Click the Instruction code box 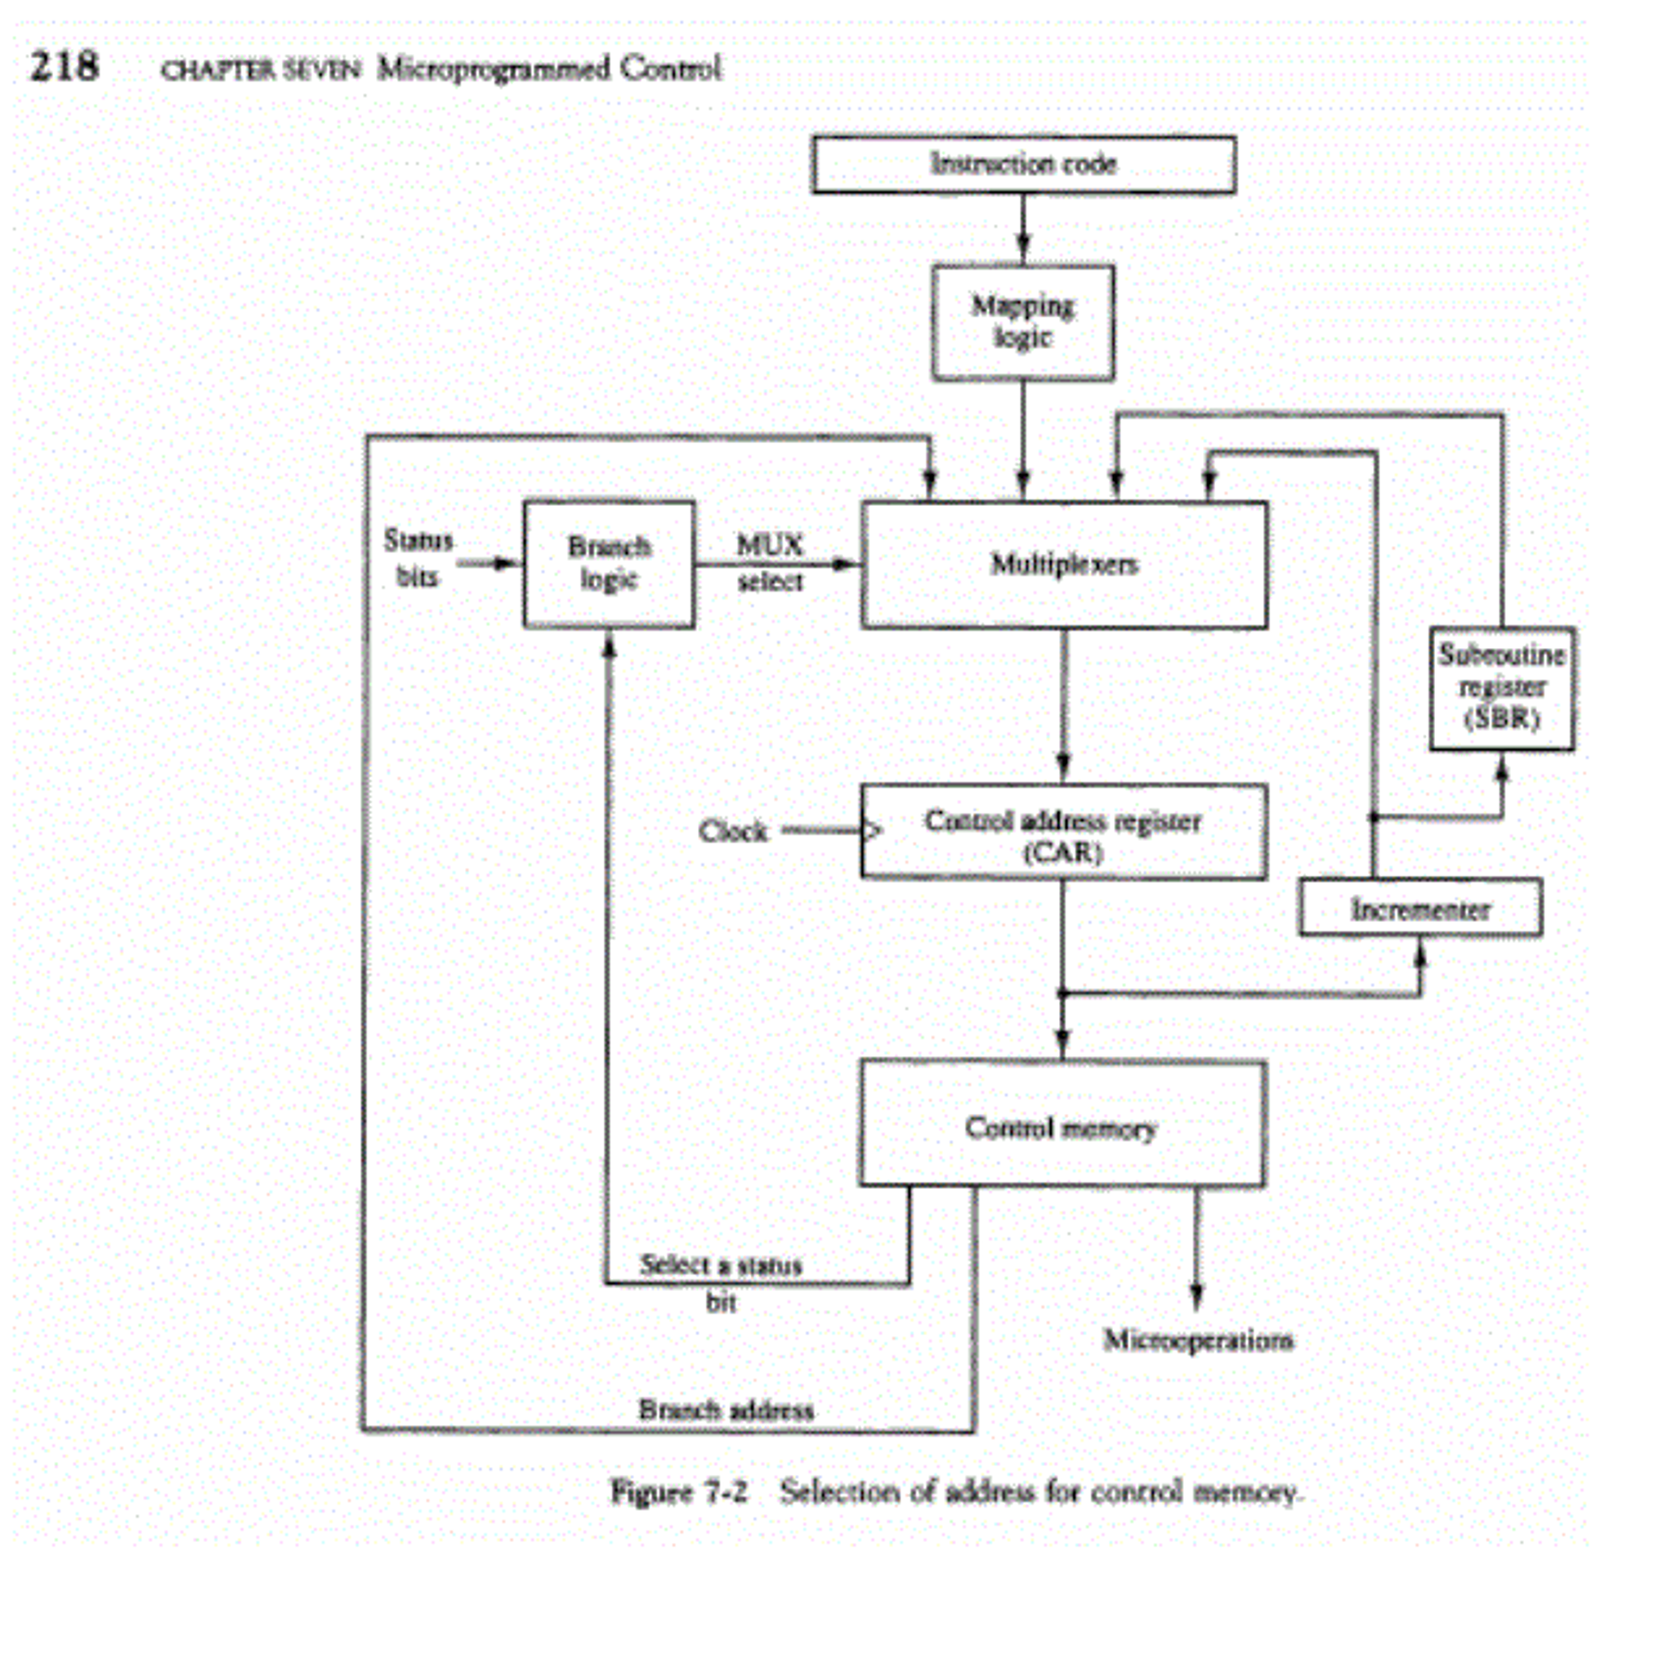pos(1023,164)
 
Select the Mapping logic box pos(1022,322)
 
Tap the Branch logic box pos(609,563)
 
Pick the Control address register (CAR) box pos(1063,832)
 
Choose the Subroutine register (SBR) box pos(1501,688)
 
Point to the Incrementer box pos(1419,908)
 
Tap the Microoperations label pos(1198,1340)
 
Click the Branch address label pos(726,1410)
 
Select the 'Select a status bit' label pos(720,1281)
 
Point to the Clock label pos(732,832)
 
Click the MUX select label pos(770,562)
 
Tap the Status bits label pos(418,558)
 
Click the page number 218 pos(65,67)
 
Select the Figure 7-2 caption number pos(678,1492)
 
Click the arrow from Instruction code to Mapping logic pos(1023,230)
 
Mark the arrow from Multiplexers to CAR pos(1064,706)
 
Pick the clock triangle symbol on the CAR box pos(873,832)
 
